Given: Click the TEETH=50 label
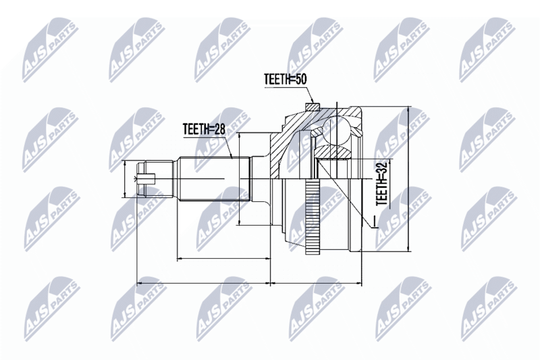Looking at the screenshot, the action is click(x=285, y=79).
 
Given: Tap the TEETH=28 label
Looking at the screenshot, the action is click(x=204, y=129).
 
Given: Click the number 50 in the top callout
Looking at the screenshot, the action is click(x=300, y=79).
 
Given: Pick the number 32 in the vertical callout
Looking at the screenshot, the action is click(x=382, y=167).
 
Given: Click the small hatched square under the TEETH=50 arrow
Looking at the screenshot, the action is click(x=313, y=107).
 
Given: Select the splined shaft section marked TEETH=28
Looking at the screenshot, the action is click(x=213, y=179).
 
